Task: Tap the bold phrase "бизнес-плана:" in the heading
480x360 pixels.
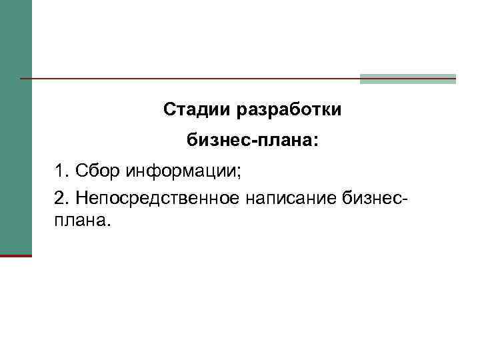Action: (253, 141)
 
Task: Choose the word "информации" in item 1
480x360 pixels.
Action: (179, 172)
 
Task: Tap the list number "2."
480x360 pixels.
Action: (63, 198)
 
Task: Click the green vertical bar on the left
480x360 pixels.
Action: (15, 127)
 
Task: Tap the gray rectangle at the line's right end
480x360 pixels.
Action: (408, 79)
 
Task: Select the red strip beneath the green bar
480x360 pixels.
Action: (15, 255)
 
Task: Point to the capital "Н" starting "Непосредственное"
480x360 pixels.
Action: (82, 198)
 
